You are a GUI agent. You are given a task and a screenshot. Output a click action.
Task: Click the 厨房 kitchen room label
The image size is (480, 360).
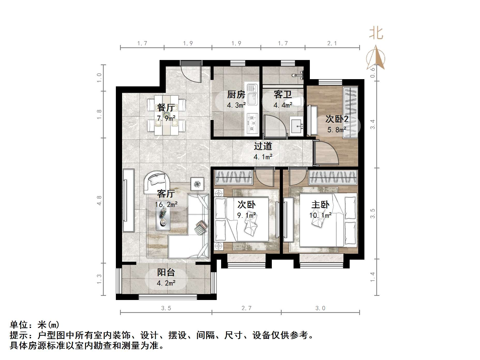[236, 95]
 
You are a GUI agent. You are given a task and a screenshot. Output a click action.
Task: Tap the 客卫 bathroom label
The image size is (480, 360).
[283, 95]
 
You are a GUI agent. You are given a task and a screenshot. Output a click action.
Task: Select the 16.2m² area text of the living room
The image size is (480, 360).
[166, 205]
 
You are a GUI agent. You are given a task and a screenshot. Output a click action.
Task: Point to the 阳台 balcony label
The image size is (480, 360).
[166, 273]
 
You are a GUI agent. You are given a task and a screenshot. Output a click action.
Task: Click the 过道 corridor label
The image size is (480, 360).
[263, 146]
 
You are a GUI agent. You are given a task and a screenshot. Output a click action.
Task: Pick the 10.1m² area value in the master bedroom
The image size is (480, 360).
[320, 215]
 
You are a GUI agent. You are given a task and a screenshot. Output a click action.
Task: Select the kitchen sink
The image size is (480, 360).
[252, 95]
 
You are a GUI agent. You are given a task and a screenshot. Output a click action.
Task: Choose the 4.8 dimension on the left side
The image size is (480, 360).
[99, 200]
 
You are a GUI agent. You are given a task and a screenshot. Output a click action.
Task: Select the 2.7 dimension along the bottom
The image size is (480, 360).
[246, 308]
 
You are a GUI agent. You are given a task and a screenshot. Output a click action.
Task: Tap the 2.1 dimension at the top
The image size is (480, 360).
[332, 43]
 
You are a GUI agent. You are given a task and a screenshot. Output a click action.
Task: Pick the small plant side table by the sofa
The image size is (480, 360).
[197, 184]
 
